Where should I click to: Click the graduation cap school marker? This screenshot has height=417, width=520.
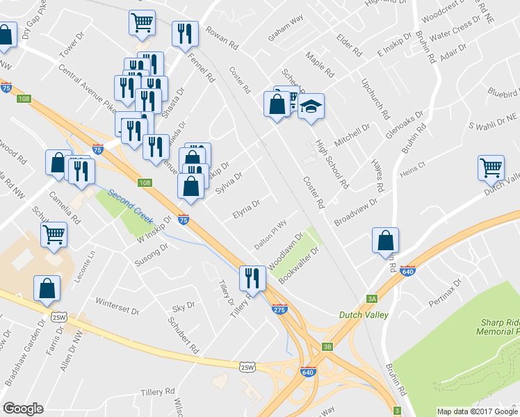pyautogui.click(x=311, y=106)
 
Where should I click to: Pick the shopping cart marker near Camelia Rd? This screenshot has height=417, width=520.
pyautogui.click(x=54, y=234)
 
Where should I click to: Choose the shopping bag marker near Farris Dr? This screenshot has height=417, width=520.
pyautogui.click(x=47, y=288)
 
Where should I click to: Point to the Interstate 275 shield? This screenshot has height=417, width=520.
pyautogui.click(x=279, y=309)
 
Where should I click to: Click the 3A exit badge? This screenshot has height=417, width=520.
pyautogui.click(x=372, y=298)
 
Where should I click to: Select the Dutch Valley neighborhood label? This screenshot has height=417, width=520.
pyautogui.click(x=363, y=315)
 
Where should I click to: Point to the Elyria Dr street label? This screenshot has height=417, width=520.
pyautogui.click(x=246, y=208)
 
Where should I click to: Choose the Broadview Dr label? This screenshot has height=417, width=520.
pyautogui.click(x=355, y=211)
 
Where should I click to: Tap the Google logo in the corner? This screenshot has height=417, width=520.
pyautogui.click(x=23, y=409)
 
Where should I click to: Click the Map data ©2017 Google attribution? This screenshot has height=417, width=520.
pyautogui.click(x=477, y=411)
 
